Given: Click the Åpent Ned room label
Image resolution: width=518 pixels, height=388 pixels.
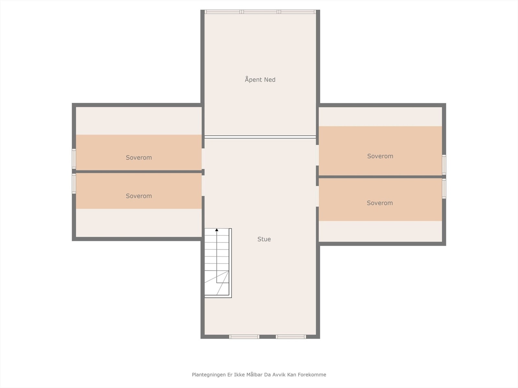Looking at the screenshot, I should (x=260, y=80).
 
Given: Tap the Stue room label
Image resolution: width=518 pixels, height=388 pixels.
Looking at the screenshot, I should (x=264, y=239).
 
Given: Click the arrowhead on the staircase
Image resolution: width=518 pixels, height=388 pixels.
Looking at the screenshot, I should (x=217, y=230).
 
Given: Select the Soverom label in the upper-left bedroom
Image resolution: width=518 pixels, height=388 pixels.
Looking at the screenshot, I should (x=139, y=157).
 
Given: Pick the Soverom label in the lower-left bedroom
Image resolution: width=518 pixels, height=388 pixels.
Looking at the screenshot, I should (x=139, y=196).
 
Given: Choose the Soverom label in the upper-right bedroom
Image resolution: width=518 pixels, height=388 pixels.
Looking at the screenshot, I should (x=380, y=156).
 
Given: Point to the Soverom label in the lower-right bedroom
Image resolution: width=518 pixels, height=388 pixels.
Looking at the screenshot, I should (x=380, y=203).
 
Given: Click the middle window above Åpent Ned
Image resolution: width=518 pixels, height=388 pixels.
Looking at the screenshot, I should (x=260, y=12).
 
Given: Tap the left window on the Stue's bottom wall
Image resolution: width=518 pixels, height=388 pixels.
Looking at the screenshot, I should (x=244, y=337).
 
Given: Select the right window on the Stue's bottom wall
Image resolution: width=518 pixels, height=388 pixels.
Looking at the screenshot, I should (x=291, y=337).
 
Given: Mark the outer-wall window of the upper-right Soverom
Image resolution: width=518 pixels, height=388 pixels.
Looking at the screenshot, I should (x=444, y=165).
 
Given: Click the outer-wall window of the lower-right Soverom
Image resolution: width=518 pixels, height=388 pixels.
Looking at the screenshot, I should (x=444, y=189).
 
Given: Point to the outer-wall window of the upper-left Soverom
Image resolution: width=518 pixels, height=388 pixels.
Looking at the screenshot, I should (x=74, y=159).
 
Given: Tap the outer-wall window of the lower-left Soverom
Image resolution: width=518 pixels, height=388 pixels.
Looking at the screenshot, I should (x=74, y=184).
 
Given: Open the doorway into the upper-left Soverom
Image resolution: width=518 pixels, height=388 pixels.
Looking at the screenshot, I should (x=203, y=158).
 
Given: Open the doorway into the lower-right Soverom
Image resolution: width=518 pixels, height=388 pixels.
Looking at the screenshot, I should (x=317, y=196).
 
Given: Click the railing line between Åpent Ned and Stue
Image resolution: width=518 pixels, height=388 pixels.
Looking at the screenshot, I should (x=260, y=137).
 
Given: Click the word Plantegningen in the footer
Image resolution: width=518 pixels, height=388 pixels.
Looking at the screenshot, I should (x=208, y=375).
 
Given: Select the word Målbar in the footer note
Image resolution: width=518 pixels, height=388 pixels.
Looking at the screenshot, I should (x=254, y=375).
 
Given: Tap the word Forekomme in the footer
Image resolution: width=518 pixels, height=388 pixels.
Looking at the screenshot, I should (x=312, y=375).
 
